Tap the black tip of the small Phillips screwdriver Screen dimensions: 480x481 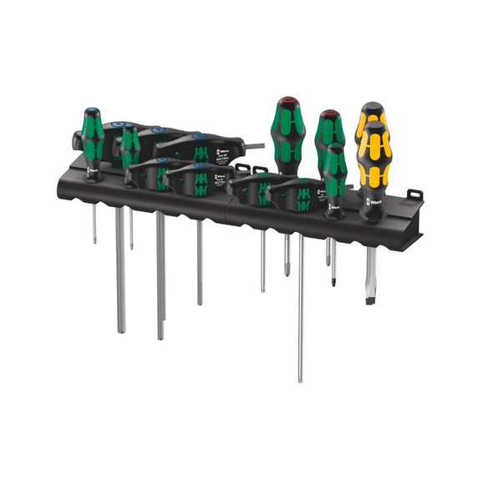point(334,281)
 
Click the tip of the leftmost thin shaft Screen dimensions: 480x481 point(94,243)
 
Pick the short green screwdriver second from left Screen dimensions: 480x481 point(129,147)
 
